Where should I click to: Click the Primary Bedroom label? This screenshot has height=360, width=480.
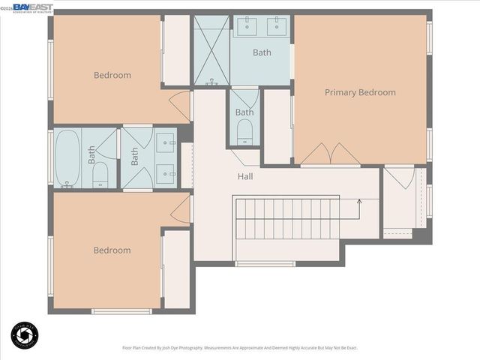[360, 92]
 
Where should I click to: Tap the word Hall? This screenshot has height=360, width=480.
[245, 177]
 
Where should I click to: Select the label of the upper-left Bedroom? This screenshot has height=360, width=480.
[112, 75]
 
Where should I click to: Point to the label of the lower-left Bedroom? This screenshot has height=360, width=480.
[112, 250]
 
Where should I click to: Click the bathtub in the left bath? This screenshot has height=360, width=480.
[67, 157]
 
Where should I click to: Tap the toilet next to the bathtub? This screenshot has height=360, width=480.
[100, 177]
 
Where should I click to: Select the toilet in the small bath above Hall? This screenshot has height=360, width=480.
[244, 134]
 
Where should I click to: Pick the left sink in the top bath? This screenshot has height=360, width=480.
[247, 25]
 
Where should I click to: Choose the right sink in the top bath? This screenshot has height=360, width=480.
[277, 25]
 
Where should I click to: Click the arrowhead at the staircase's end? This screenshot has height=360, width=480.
[360, 201]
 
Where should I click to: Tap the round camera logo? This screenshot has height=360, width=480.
[26, 334]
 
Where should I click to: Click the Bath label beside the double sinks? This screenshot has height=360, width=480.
[262, 52]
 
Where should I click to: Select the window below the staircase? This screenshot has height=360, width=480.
[265, 263]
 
